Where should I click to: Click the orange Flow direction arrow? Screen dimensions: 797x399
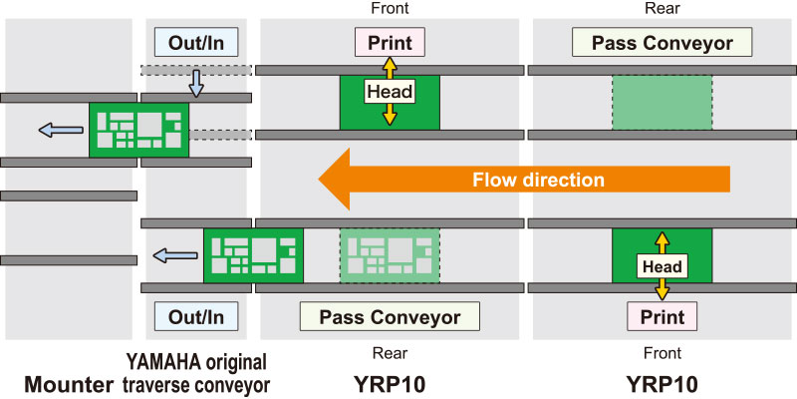tap(524, 180)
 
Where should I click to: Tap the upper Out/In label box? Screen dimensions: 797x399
tap(196, 43)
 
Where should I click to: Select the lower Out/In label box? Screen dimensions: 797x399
tap(196, 316)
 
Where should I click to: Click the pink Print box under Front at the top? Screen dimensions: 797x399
tap(390, 43)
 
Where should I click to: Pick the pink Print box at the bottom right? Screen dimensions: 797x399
tap(662, 316)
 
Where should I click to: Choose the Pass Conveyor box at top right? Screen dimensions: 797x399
tap(662, 43)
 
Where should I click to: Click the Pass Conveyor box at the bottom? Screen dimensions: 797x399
tap(390, 316)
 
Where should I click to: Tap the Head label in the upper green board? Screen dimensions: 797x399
tap(390, 92)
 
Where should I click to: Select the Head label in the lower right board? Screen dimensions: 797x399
tap(662, 266)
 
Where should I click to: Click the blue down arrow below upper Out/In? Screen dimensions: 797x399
tap(196, 84)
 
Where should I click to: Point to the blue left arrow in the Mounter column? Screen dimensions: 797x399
tap(61, 131)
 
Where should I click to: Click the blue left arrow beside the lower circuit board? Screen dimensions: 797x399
tap(175, 255)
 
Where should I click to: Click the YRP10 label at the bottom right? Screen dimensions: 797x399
tap(662, 384)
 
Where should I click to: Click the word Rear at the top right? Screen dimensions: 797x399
tap(662, 8)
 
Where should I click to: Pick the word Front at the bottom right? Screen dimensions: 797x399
tap(662, 353)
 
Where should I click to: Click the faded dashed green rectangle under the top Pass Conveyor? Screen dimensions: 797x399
tap(662, 103)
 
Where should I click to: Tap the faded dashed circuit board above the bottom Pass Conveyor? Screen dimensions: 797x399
tap(390, 255)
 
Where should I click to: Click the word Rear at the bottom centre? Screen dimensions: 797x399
tap(390, 353)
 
